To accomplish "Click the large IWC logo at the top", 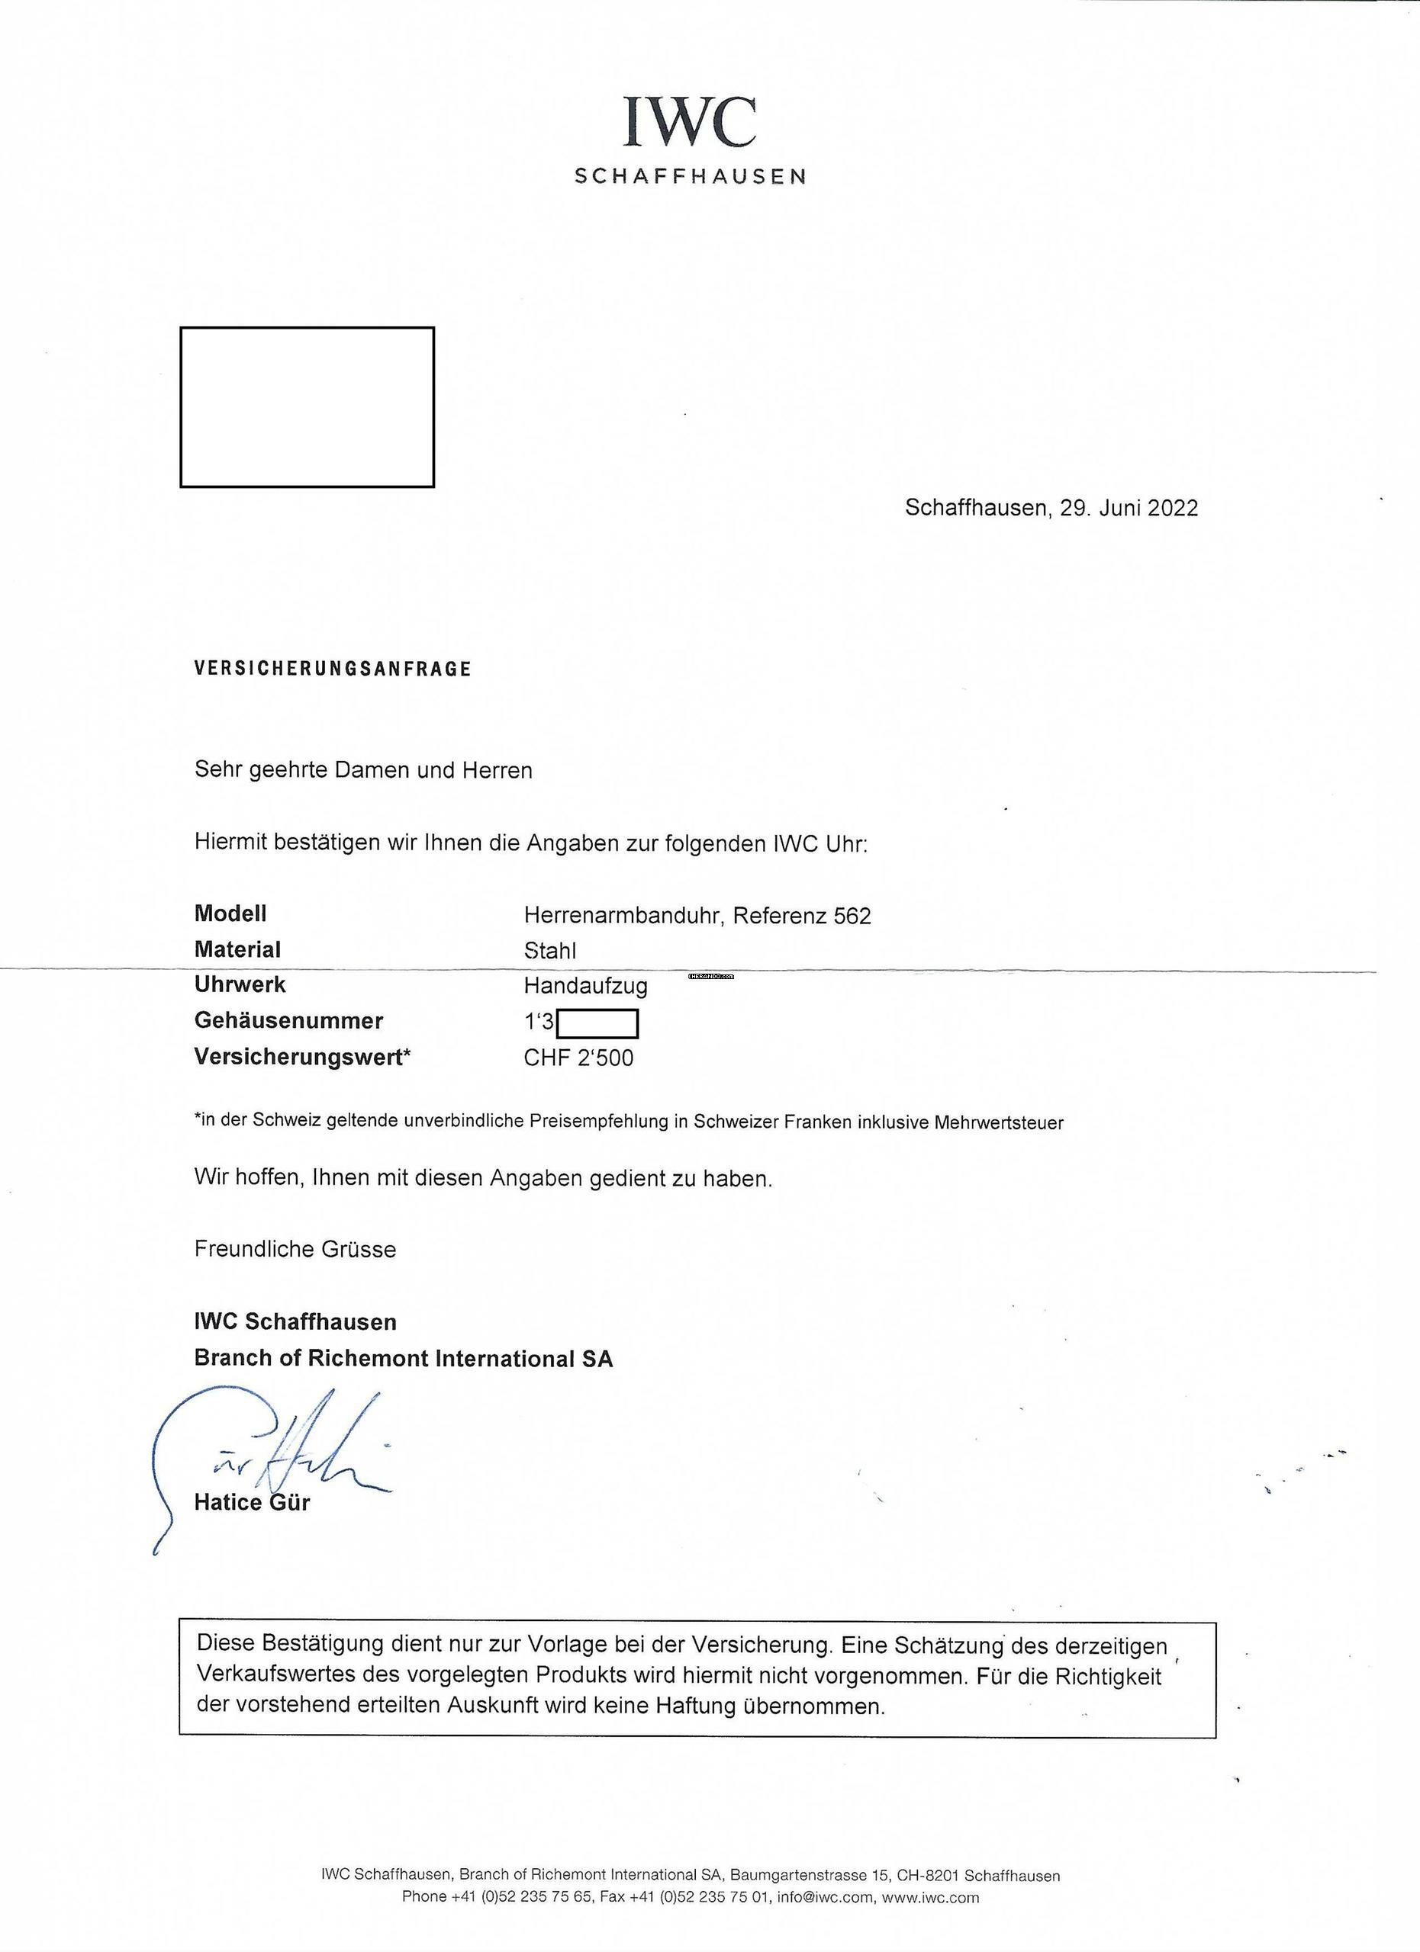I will click(690, 121).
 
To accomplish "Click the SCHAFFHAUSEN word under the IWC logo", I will click(690, 176).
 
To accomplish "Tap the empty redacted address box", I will click(307, 406).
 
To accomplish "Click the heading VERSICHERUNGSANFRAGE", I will click(333, 669).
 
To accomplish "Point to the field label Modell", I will click(230, 913).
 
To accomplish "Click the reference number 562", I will click(852, 916).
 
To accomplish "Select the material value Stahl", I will click(549, 950).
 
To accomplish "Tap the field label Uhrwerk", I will click(240, 984).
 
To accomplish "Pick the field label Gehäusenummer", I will click(288, 1021).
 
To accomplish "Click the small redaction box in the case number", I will click(597, 1024).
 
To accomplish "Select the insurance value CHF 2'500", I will click(578, 1058).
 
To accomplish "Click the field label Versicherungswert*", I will click(302, 1057).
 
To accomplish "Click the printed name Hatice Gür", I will click(252, 1503).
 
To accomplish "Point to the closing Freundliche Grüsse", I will click(295, 1249).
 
